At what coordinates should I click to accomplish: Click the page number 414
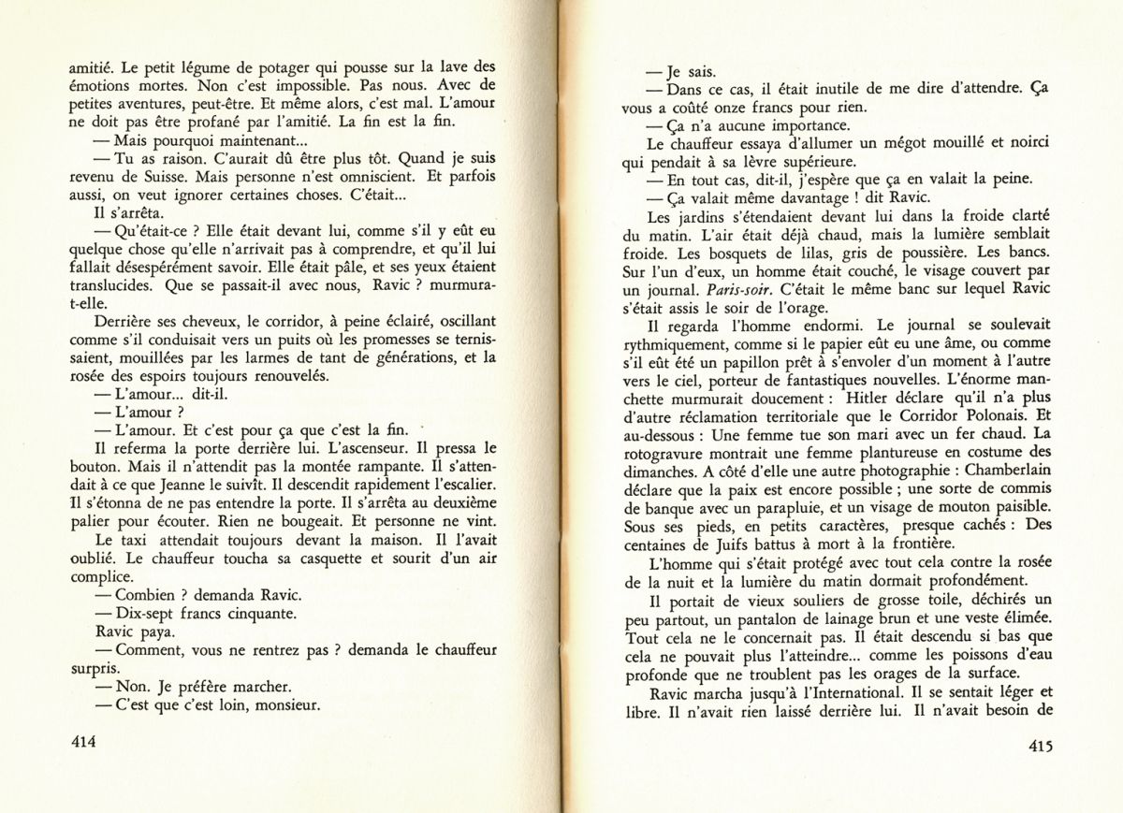pyautogui.click(x=84, y=742)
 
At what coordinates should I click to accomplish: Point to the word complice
pyautogui.click(x=101, y=577)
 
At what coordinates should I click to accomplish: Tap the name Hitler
pyautogui.click(x=876, y=416)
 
